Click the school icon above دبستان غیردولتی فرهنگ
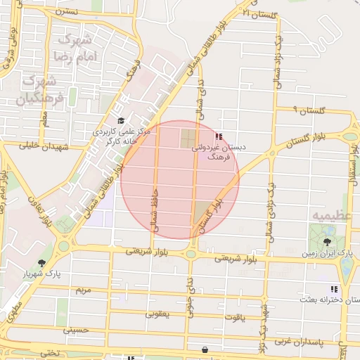tap(218, 136)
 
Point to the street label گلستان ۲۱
tap(255, 13)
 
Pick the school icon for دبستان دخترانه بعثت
tap(335, 289)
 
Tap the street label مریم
tap(83, 290)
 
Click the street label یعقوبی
tap(157, 314)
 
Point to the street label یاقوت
tap(236, 317)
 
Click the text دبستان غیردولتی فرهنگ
tap(223, 153)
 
